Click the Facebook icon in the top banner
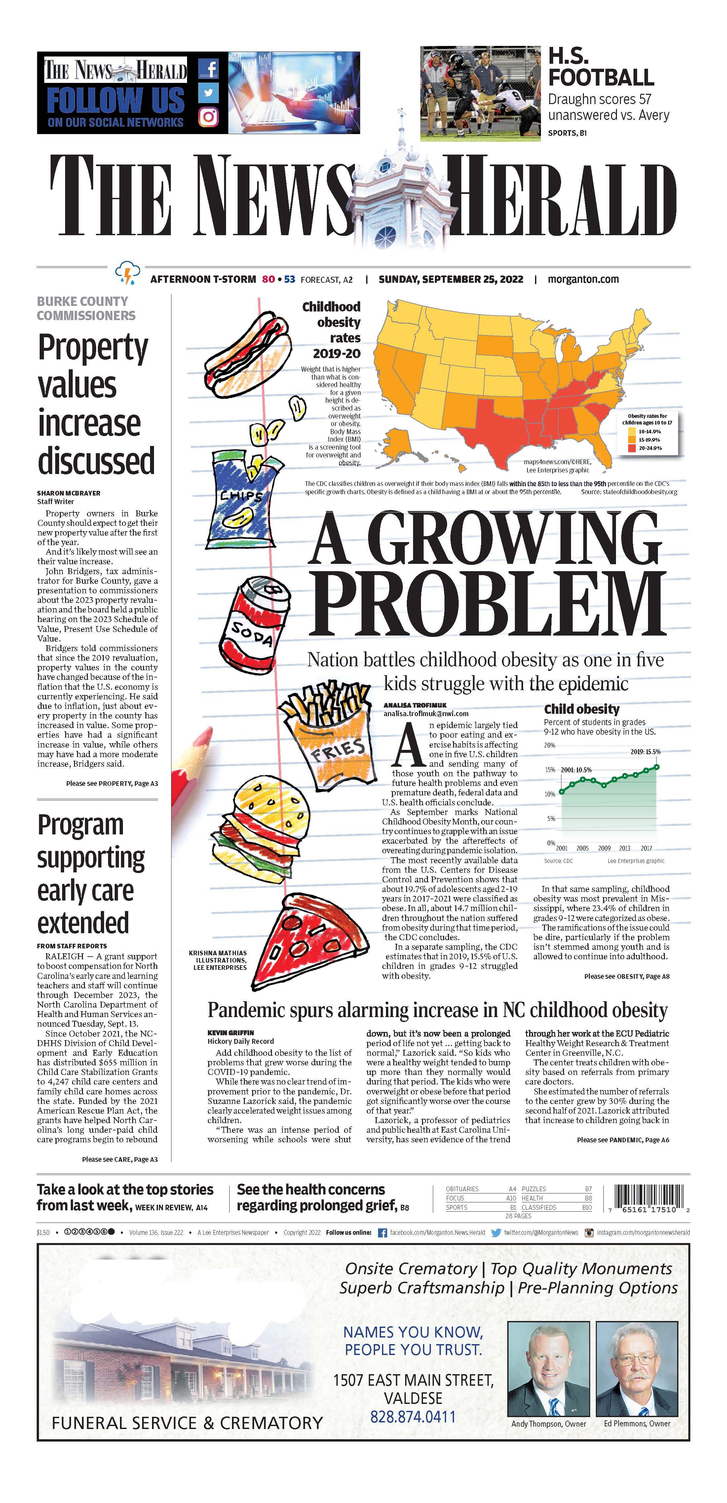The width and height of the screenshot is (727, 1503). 208,69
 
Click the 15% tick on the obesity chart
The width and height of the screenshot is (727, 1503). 550,770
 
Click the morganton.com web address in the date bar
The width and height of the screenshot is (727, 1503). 583,279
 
